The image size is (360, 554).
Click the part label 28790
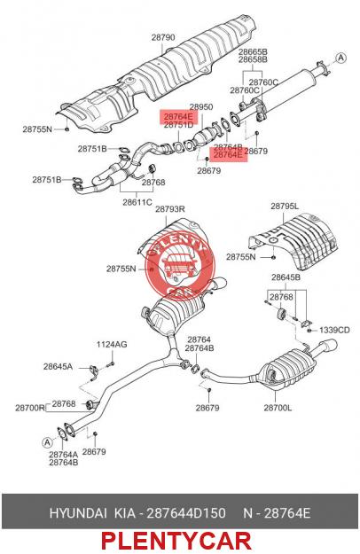[x=163, y=37]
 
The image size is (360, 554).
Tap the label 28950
[x=201, y=106]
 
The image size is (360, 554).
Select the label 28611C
[x=137, y=202]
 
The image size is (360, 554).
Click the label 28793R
[x=170, y=209]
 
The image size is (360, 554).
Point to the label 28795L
[x=285, y=206]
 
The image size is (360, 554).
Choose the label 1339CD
[x=334, y=330]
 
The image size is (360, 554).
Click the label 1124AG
[x=112, y=344]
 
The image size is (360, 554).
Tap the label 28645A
[x=58, y=366]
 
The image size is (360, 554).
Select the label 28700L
[x=278, y=408]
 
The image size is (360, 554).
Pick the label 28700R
[x=30, y=408]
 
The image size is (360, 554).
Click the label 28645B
[x=286, y=277]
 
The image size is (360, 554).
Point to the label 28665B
[x=253, y=51]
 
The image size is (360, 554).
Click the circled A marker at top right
[x=340, y=58]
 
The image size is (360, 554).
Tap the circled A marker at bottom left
[x=47, y=442]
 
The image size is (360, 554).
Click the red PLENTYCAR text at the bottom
[x=176, y=541]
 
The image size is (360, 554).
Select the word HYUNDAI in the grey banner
[x=78, y=512]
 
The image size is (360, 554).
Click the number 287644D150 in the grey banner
[x=186, y=512]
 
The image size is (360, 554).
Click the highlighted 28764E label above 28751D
[x=178, y=116]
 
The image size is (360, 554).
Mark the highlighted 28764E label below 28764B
[x=228, y=155]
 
